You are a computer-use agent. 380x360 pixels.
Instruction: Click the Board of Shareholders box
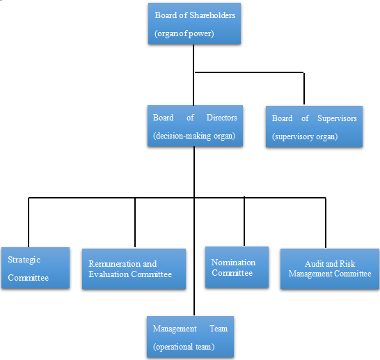click(x=194, y=24)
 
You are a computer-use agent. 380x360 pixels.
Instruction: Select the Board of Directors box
click(x=195, y=126)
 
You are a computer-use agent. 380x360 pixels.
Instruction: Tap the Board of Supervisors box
click(x=314, y=127)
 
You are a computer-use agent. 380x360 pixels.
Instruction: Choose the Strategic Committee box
click(x=35, y=268)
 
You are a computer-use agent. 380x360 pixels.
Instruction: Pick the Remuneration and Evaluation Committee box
click(x=134, y=269)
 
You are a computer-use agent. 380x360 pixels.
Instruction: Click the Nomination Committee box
click(x=237, y=267)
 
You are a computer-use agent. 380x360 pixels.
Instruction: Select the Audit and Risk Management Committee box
click(x=330, y=269)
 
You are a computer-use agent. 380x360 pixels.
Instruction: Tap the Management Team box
click(x=190, y=337)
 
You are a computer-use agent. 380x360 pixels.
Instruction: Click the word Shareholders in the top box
click(x=212, y=15)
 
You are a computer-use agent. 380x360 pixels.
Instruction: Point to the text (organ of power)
click(x=184, y=33)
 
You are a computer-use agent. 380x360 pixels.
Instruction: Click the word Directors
click(x=222, y=118)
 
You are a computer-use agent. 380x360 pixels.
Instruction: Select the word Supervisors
click(x=337, y=118)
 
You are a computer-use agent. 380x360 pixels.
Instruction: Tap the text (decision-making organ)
click(x=194, y=136)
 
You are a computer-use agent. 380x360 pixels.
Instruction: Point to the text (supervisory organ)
click(x=305, y=136)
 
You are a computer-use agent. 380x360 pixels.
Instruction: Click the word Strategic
click(x=24, y=260)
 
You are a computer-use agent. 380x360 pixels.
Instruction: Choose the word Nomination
click(x=233, y=263)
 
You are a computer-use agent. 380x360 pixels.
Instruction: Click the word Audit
click(x=312, y=263)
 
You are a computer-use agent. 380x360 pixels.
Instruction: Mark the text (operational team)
click(x=184, y=347)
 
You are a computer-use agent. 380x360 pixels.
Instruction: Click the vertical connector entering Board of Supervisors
click(x=304, y=88)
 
